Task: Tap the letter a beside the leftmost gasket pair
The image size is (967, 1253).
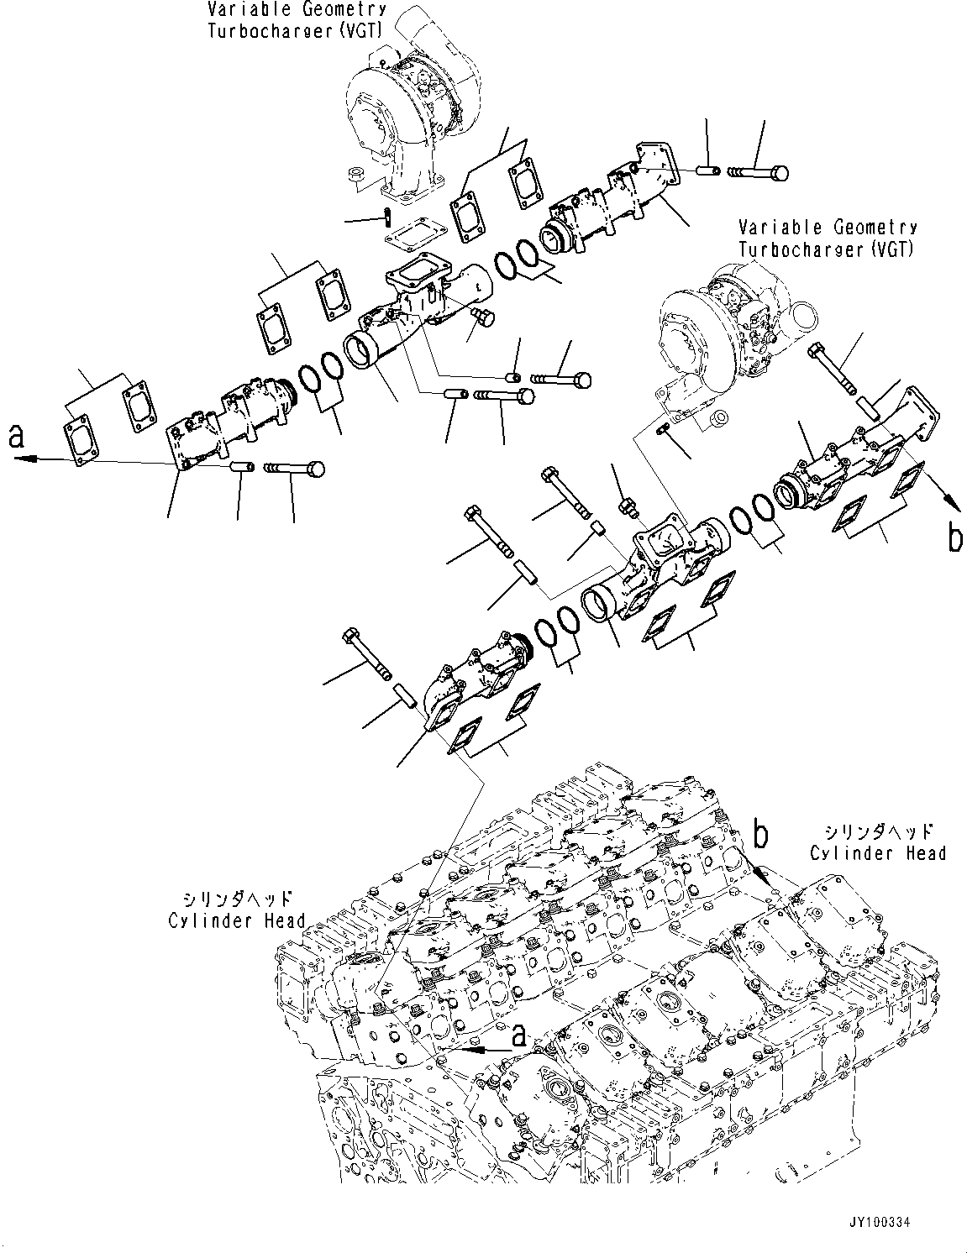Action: click(16, 437)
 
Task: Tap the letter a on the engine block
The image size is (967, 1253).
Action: click(519, 1036)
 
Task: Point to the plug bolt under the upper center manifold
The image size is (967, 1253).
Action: click(481, 317)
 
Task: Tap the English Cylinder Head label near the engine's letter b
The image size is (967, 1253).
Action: click(878, 852)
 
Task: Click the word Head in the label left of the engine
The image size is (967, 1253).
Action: click(284, 920)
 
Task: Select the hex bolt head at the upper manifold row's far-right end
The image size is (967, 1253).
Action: click(780, 172)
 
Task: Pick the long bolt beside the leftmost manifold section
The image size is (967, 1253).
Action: click(295, 469)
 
